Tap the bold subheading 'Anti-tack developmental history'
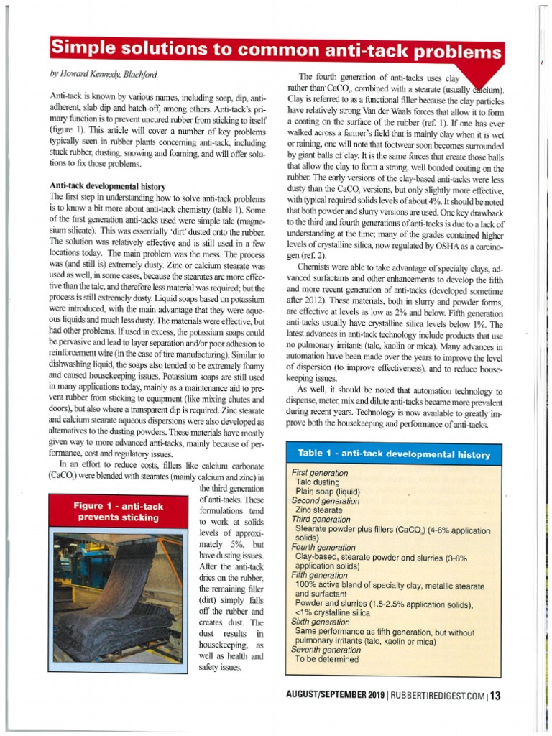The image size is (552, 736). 107,185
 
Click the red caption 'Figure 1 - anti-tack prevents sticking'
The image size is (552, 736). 119,511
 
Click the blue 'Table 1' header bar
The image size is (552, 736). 394,454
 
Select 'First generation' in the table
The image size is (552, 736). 320,474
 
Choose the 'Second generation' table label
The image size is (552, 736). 325,501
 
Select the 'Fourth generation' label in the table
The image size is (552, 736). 323,547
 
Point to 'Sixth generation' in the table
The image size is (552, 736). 321,622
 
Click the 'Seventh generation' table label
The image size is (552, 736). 325,650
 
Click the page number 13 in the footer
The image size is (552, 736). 495,695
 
